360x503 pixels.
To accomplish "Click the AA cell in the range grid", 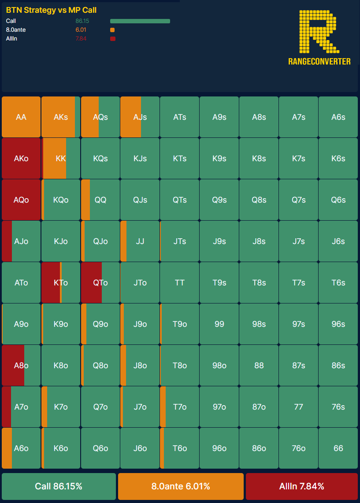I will point(21,117).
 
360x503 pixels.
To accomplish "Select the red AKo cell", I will point(21,159).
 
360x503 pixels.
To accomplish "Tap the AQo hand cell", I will point(21,200).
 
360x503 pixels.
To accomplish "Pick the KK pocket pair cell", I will point(61,159).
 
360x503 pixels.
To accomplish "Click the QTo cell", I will point(100,283).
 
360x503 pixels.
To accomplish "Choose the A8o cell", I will point(21,366).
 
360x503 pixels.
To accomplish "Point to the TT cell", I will point(180,283).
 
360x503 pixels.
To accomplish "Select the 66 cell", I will point(338,448).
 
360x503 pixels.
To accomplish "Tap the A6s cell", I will point(338,117).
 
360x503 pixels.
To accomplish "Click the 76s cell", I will point(338,407).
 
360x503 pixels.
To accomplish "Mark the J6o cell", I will point(140,448).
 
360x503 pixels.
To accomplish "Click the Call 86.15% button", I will point(59,486).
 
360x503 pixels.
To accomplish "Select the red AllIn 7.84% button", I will point(302,486).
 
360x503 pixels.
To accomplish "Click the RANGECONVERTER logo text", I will point(319,62).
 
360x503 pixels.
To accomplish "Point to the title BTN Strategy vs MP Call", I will point(51,10).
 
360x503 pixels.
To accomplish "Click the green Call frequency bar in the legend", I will point(140,21).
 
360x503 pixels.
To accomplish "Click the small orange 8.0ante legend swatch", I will point(112,30).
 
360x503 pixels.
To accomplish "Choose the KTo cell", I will point(61,283).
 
